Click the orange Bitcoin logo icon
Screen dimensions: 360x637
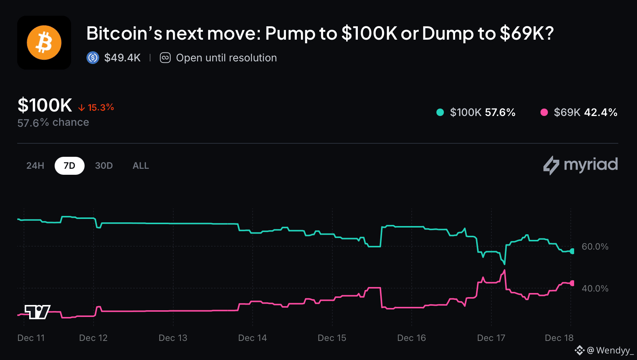(44, 43)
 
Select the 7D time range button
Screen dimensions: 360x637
(69, 166)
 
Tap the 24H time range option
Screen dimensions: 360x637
(35, 166)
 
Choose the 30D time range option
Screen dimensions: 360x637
(104, 166)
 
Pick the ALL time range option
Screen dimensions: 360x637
(141, 166)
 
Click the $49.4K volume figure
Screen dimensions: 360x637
(122, 58)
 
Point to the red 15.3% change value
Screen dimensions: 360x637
(100, 107)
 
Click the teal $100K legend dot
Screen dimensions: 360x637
(440, 112)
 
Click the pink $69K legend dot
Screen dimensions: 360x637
(544, 112)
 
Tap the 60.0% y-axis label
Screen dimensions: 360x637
(595, 247)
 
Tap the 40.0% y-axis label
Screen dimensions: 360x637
(595, 289)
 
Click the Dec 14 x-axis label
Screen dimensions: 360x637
(252, 338)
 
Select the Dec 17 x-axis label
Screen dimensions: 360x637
(491, 338)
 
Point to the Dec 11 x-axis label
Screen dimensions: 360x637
(31, 338)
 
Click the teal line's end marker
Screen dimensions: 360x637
(572, 251)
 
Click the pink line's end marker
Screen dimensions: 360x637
(572, 283)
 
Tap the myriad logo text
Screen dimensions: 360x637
(590, 165)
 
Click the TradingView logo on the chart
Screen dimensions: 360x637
(37, 312)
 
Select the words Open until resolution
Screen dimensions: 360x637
(226, 58)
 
